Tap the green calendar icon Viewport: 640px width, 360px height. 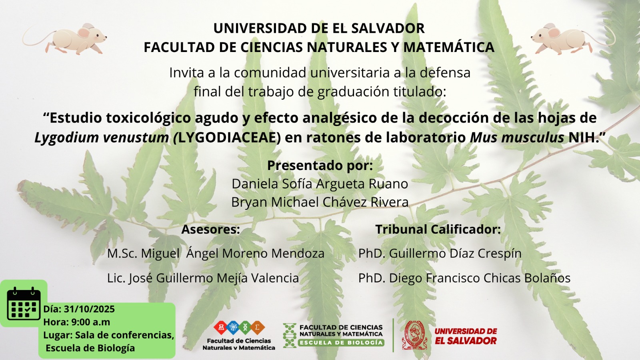pyautogui.click(x=24, y=304)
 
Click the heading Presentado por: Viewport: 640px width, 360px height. pyautogui.click(x=320, y=166)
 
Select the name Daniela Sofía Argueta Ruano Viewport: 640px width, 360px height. pyautogui.click(x=320, y=184)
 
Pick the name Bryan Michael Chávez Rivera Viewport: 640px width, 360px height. pyautogui.click(x=320, y=202)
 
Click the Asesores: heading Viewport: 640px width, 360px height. pyautogui.click(x=210, y=229)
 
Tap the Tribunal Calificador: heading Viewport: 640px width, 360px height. pyautogui.click(x=438, y=229)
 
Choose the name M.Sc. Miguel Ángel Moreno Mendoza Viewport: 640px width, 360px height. pyautogui.click(x=216, y=254)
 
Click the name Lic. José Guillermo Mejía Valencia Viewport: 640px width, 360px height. pyautogui.click(x=203, y=278)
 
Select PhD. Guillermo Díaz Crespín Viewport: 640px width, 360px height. pyautogui.click(x=440, y=254)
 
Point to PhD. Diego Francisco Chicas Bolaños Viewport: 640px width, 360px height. pyautogui.click(x=464, y=278)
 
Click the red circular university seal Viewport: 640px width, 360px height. pyautogui.click(x=414, y=335)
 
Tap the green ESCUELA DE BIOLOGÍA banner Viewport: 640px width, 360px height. pyautogui.click(x=341, y=342)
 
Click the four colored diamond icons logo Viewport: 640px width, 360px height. pyautogui.click(x=239, y=328)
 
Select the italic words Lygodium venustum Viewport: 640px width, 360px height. pyautogui.click(x=102, y=138)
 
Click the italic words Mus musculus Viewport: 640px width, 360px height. pyautogui.click(x=517, y=138)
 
